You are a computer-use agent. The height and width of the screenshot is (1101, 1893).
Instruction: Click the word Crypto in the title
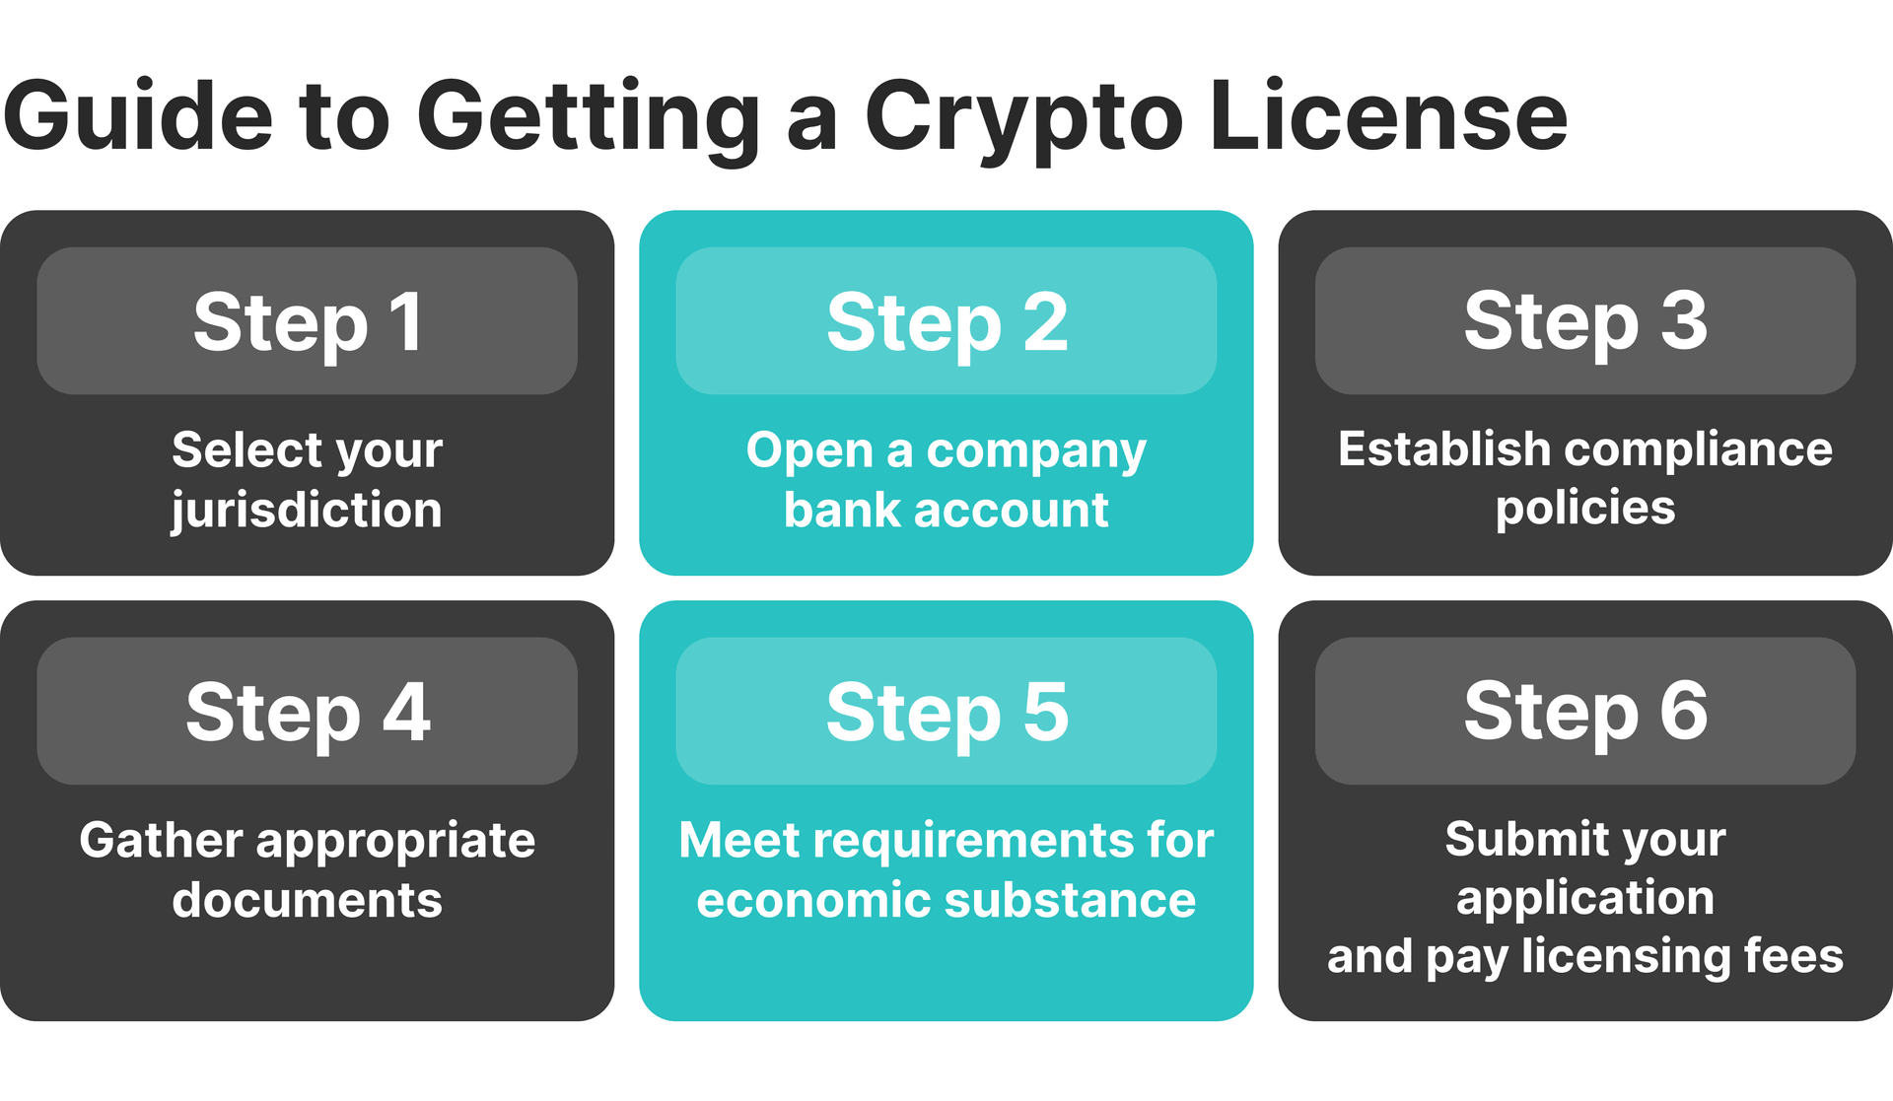click(x=1022, y=118)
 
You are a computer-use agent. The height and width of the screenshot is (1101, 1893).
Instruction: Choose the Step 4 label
click(x=308, y=712)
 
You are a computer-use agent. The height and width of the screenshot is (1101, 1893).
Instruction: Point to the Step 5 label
click(x=946, y=712)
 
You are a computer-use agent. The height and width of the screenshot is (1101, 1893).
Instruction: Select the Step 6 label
click(x=1585, y=712)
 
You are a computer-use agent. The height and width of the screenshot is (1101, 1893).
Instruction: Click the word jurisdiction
click(x=307, y=511)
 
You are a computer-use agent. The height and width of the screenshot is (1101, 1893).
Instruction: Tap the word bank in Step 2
click(x=842, y=510)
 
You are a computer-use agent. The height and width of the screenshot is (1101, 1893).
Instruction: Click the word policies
click(x=1585, y=509)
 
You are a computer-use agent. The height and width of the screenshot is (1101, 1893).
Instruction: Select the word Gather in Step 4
click(x=161, y=840)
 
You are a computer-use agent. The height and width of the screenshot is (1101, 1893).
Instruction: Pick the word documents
click(x=307, y=900)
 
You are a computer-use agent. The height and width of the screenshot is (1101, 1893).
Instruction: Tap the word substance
click(x=1070, y=900)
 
